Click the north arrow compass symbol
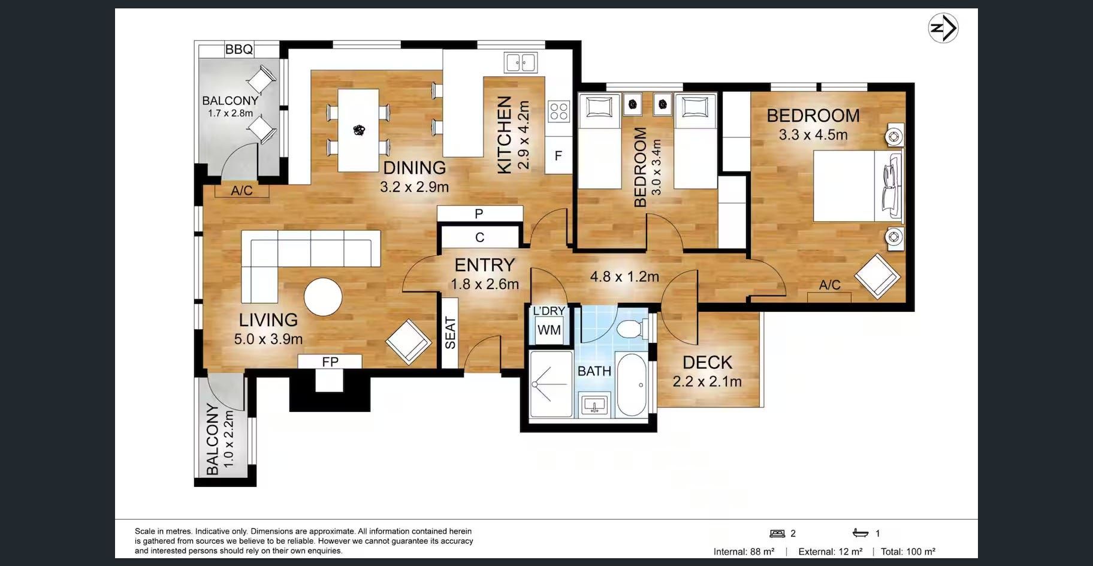(943, 28)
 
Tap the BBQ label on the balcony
(239, 49)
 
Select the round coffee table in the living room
(323, 297)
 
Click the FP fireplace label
(330, 362)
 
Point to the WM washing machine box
(549, 330)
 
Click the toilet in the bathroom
(632, 329)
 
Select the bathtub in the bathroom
(632, 385)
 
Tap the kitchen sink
(521, 62)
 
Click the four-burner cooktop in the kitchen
(559, 111)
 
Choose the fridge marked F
(558, 156)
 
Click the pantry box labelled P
(479, 213)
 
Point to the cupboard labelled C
(479, 237)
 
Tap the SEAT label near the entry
(451, 333)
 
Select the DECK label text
(708, 362)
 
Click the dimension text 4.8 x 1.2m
(624, 276)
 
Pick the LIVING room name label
(268, 320)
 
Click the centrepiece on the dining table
(359, 130)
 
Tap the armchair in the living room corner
(409, 342)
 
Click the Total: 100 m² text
(908, 552)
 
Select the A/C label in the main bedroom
(830, 285)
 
